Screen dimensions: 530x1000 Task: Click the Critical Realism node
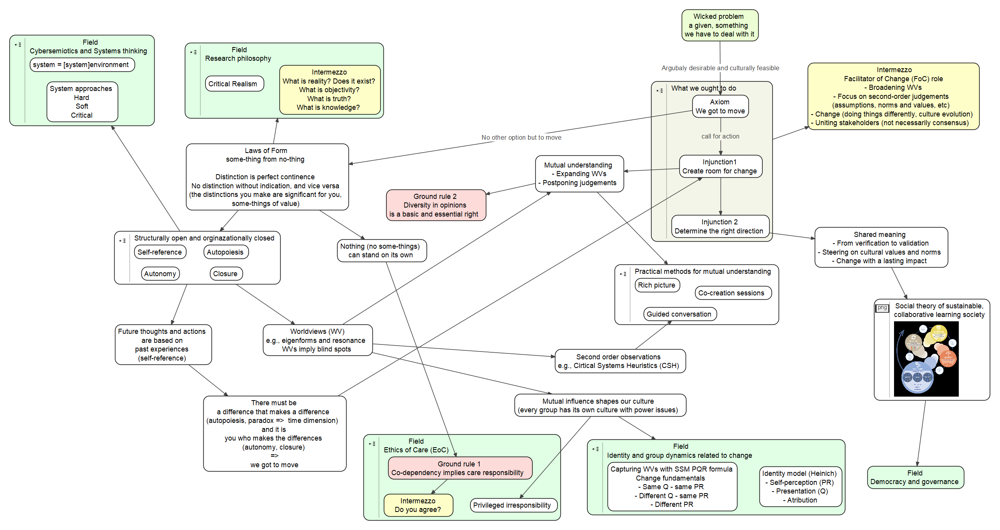pos(234,84)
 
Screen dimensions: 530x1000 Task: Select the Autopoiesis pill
pos(226,252)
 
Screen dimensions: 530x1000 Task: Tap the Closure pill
pos(226,274)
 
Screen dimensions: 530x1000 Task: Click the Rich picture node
pos(657,285)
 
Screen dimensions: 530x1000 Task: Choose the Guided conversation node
pos(679,314)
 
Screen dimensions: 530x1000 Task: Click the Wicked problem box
pos(720,25)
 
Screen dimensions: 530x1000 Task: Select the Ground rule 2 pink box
pos(436,205)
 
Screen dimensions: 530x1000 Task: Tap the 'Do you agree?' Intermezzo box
pos(418,505)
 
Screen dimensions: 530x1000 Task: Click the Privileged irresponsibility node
pos(513,505)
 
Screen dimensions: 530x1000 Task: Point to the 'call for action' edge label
pos(720,137)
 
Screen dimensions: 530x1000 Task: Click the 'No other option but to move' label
pos(521,138)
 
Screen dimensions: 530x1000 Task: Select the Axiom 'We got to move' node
pos(720,107)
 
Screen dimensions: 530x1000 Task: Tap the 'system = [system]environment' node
pos(82,65)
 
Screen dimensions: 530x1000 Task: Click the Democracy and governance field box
pos(915,477)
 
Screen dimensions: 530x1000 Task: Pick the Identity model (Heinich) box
pos(800,486)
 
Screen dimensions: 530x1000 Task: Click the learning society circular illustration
pos(926,359)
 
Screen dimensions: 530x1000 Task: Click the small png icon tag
pos(882,308)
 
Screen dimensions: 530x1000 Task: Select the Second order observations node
pos(619,361)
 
